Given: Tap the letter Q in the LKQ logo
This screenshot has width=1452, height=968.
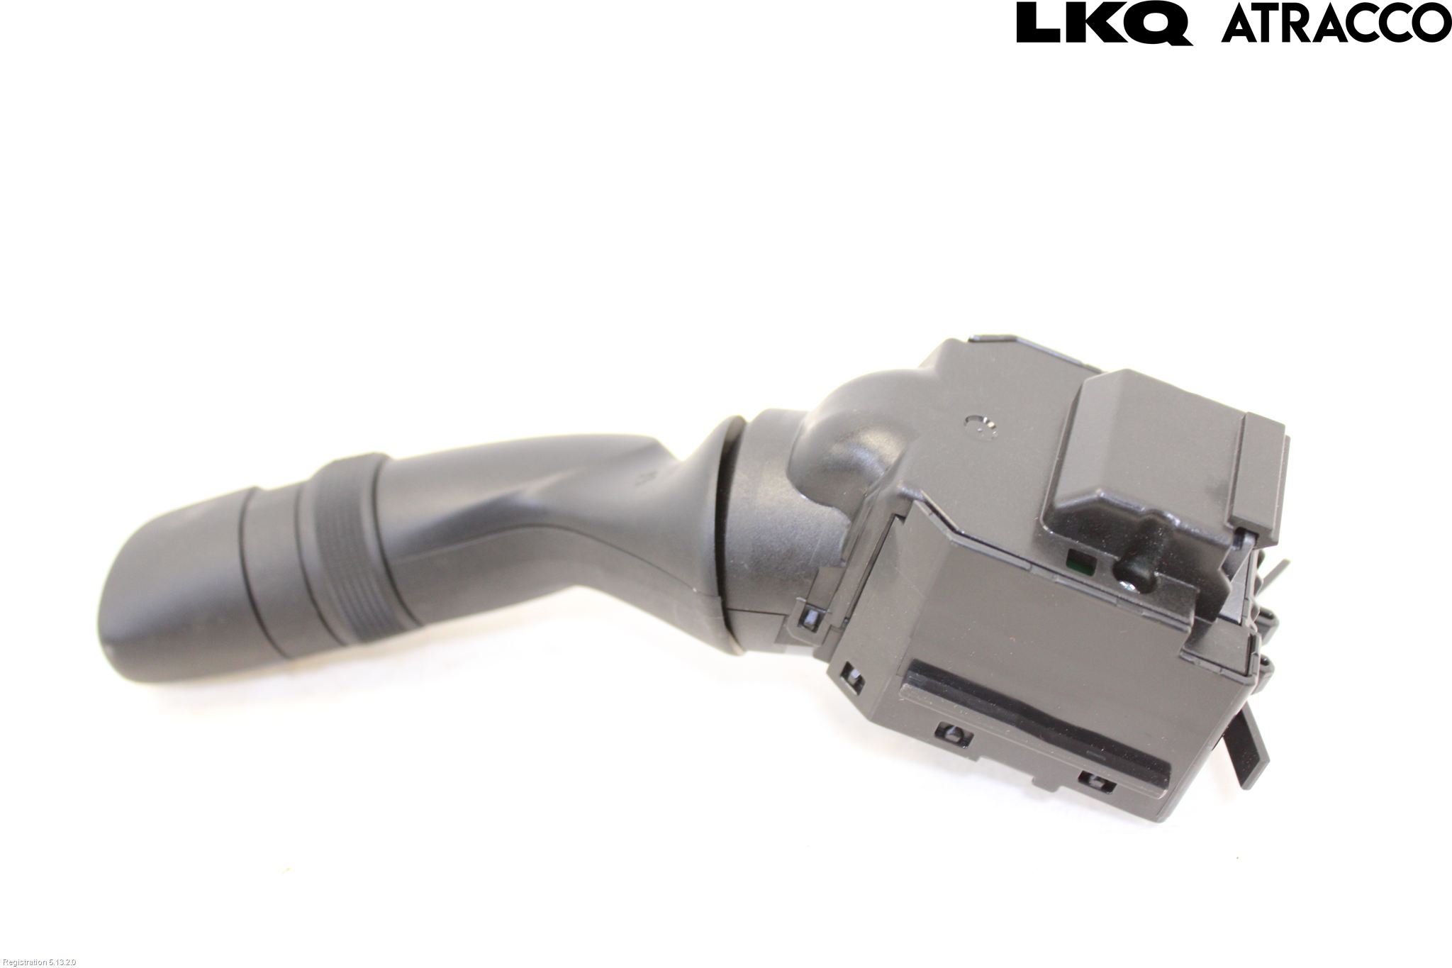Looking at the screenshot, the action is (1162, 24).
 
